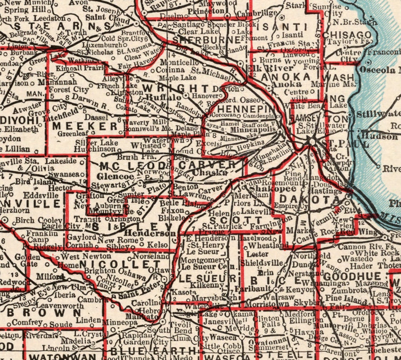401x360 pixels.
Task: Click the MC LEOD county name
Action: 132,166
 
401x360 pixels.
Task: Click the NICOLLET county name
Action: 120,264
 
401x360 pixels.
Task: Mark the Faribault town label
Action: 253,289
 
